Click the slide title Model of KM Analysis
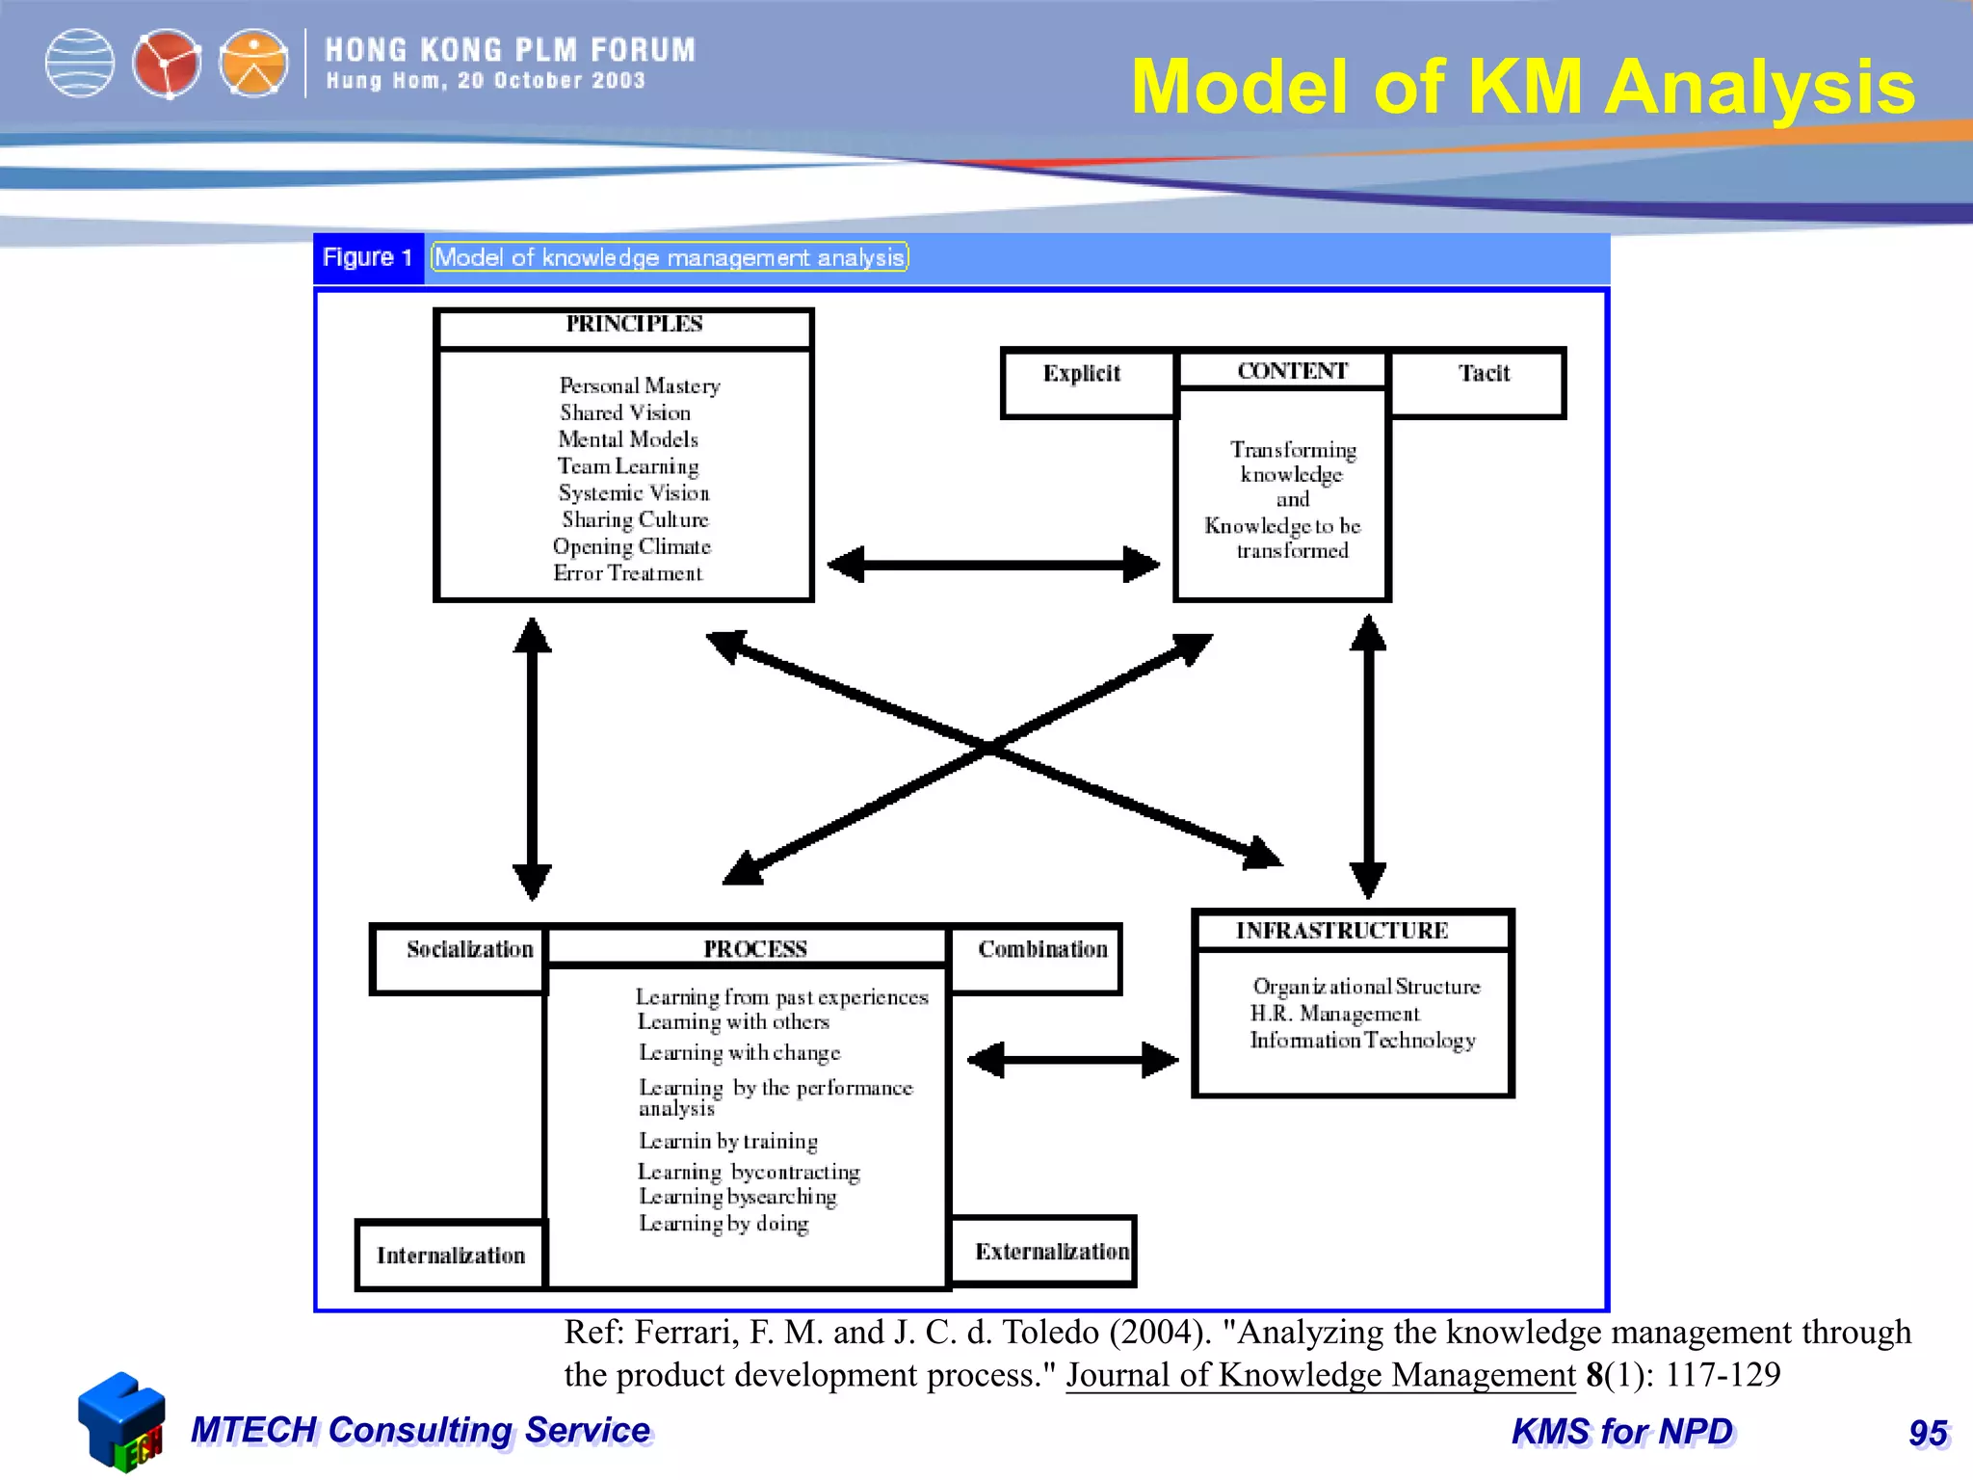coord(1522,87)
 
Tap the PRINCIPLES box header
coord(634,325)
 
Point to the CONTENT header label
coord(1292,371)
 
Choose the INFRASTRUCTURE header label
coord(1342,931)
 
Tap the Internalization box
coord(451,1255)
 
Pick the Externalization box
coord(1051,1252)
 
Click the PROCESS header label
coord(755,949)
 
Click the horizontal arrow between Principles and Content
coord(992,565)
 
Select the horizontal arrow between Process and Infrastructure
coord(1072,1060)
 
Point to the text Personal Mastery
coord(640,386)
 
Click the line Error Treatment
coord(628,574)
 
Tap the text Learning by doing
coord(723,1224)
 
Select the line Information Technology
coord(1362,1041)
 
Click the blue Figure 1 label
coord(368,258)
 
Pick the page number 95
coord(1928,1434)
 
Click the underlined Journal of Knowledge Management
coord(1320,1375)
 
